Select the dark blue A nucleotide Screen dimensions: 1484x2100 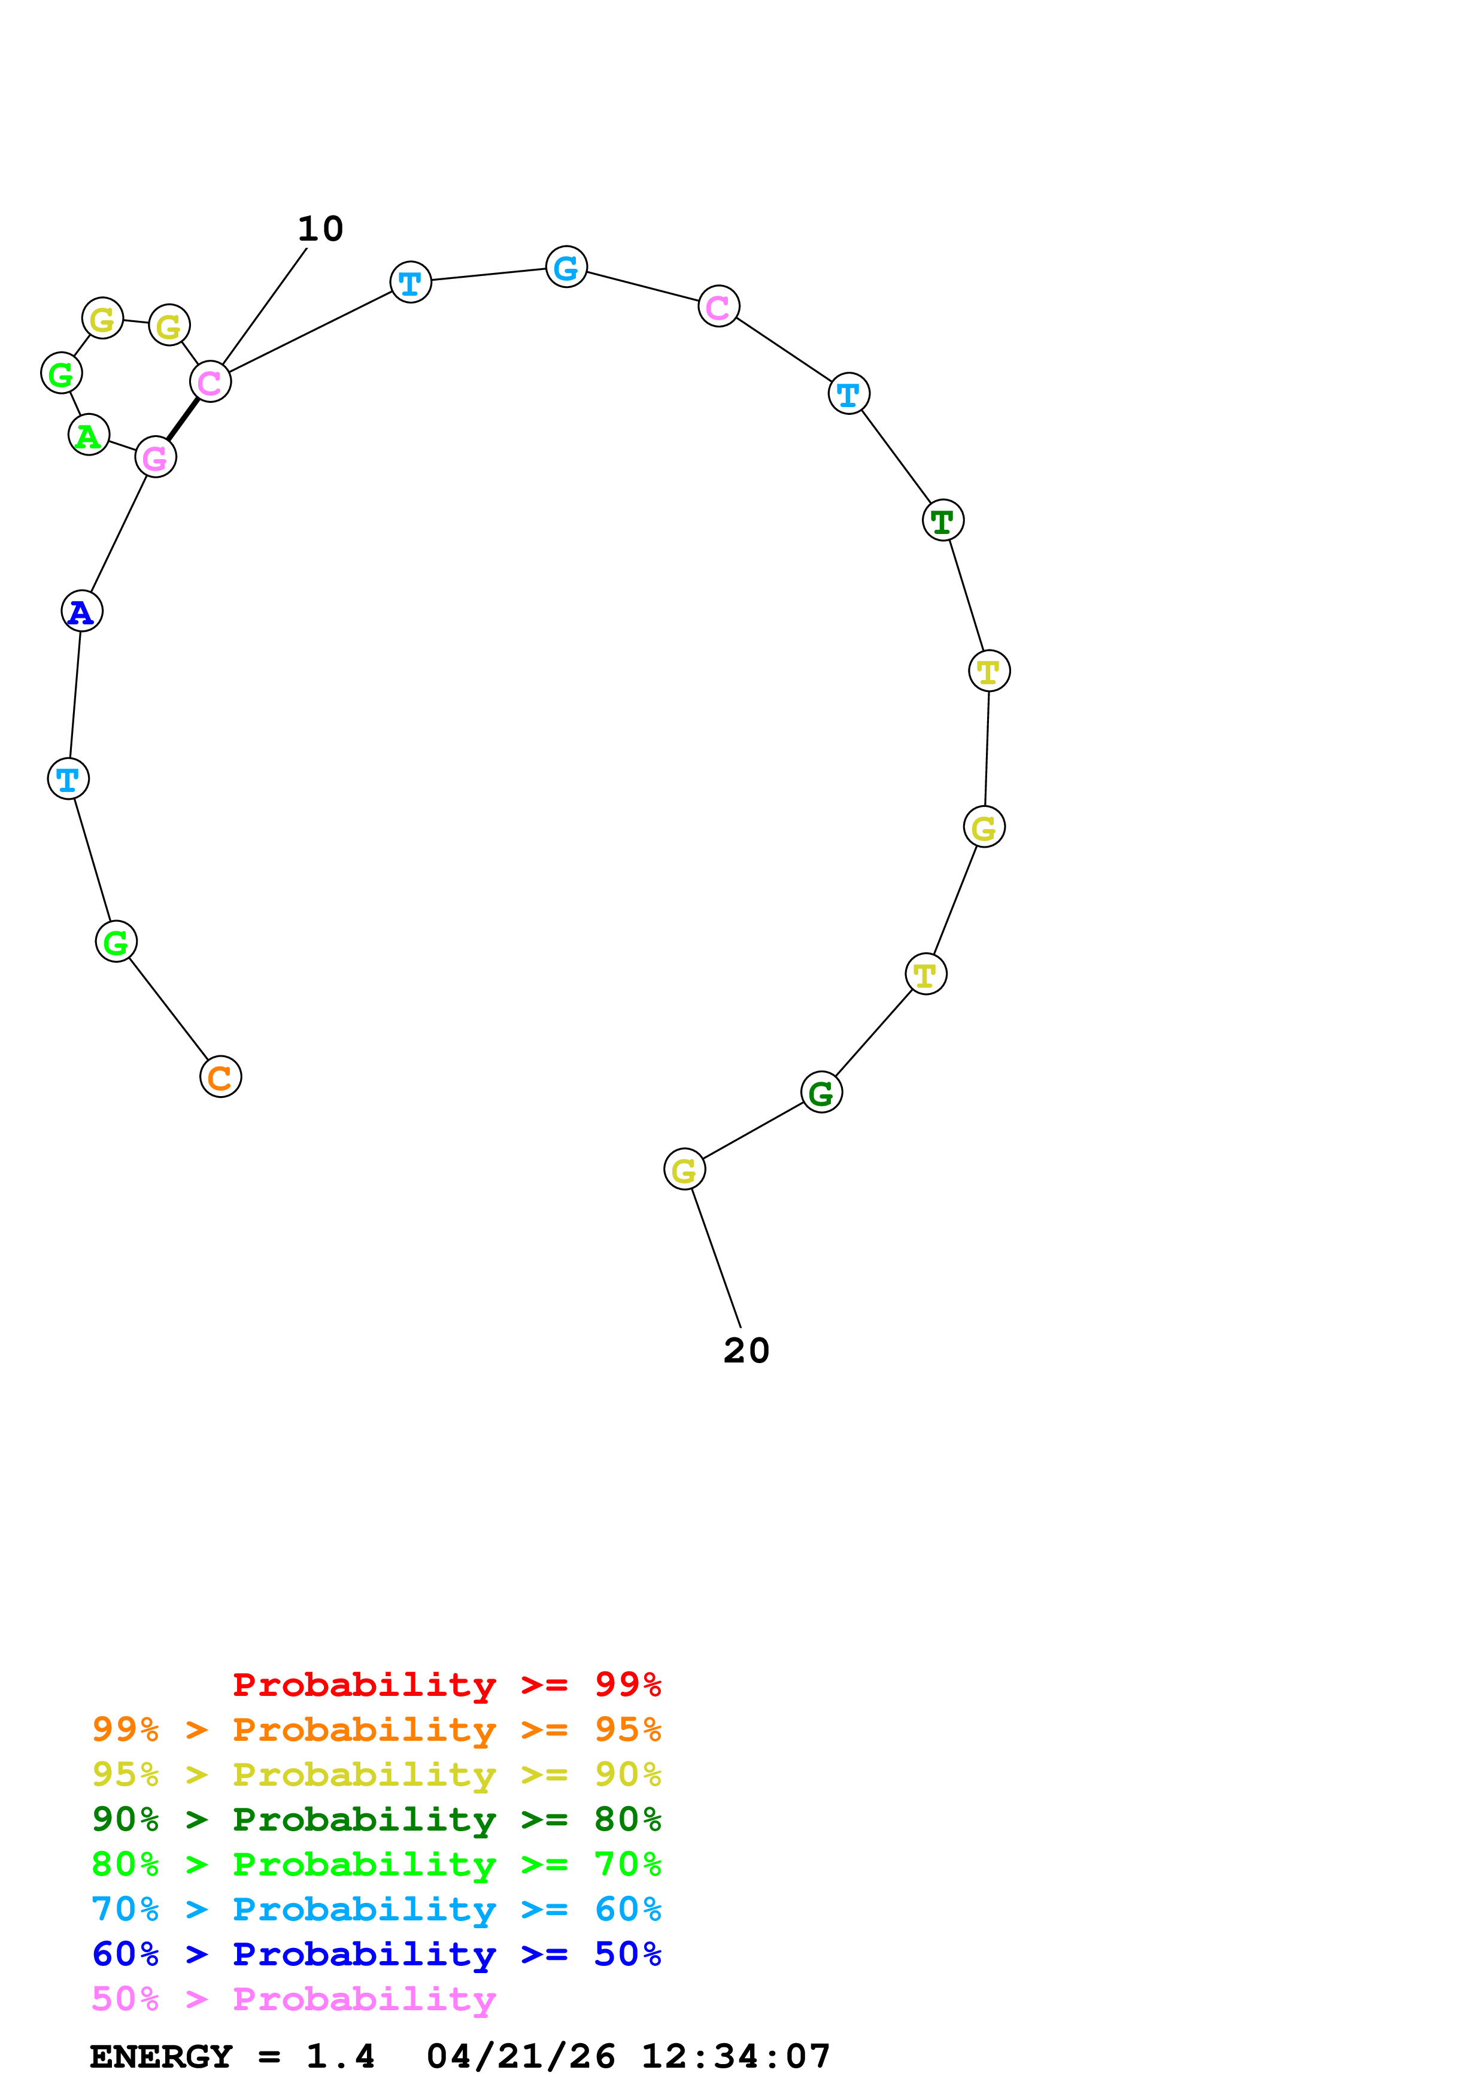[81, 611]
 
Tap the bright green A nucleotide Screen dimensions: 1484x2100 [89, 435]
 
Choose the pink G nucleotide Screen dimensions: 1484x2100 [156, 457]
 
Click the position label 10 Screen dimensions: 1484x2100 [320, 229]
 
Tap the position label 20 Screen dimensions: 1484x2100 [746, 1351]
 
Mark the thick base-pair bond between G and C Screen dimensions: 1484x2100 [183, 419]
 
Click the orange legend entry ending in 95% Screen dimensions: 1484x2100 [376, 1729]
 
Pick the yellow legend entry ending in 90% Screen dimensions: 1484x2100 [376, 1774]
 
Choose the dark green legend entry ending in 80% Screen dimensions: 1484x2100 [376, 1819]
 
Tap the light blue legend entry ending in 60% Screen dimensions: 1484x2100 [376, 1909]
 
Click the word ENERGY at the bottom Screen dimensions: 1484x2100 [161, 2057]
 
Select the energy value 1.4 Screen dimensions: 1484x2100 [340, 2057]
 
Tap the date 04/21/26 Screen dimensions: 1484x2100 [520, 2057]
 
